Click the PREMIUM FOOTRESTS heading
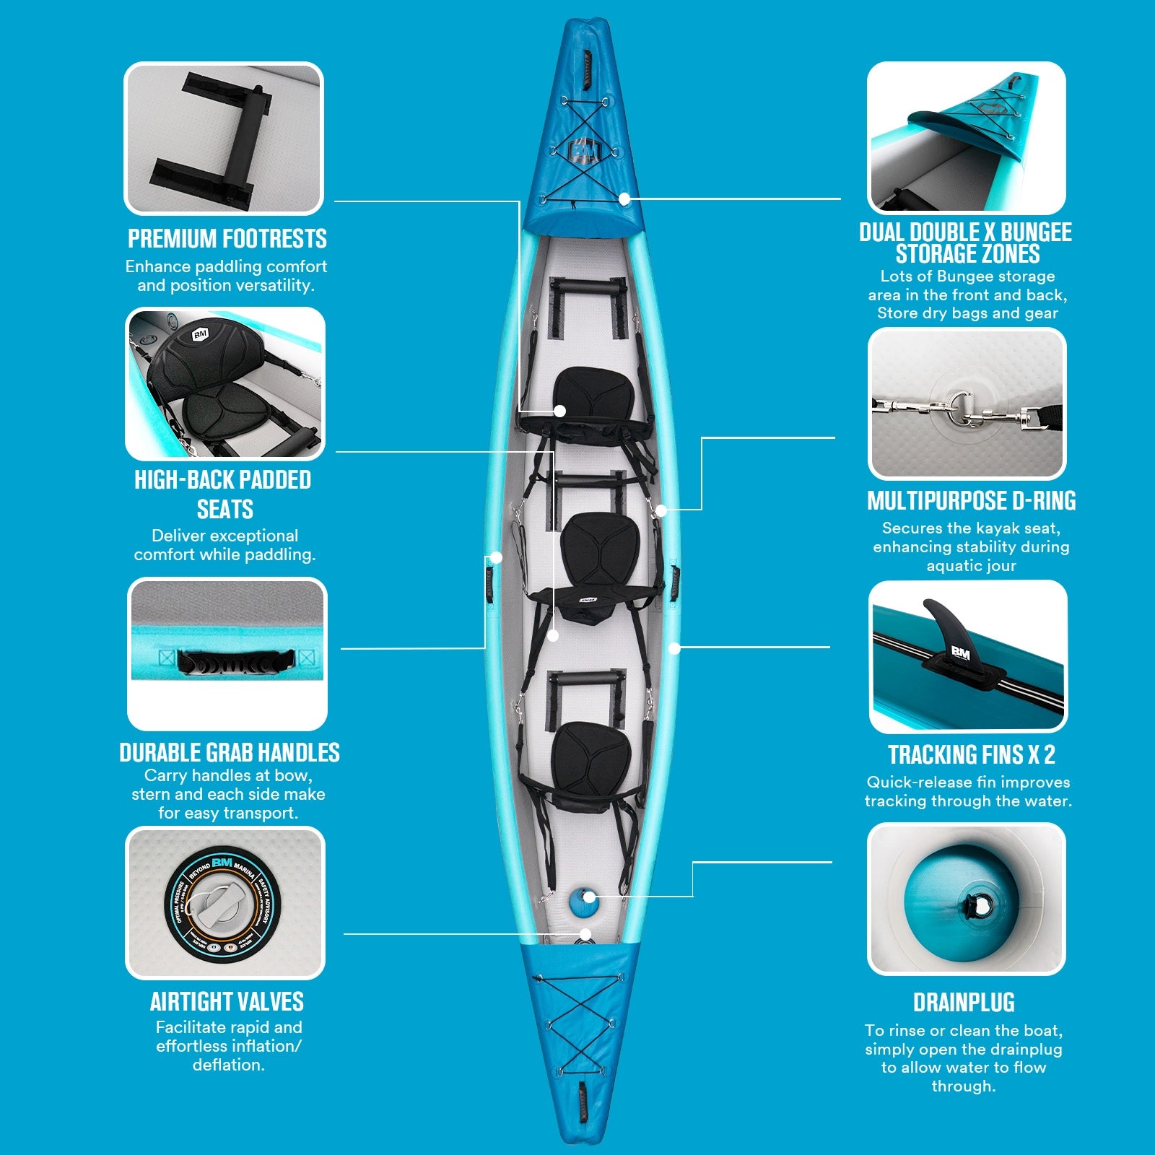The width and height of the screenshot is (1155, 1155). point(227,238)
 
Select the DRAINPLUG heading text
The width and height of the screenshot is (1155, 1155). point(964,1002)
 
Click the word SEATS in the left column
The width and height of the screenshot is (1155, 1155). point(225,509)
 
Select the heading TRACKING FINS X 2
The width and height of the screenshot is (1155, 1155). point(971,754)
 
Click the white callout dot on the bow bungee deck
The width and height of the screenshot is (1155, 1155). point(624,199)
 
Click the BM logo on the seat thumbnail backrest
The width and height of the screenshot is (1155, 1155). point(200,334)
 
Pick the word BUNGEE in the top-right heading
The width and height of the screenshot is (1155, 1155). point(1036,232)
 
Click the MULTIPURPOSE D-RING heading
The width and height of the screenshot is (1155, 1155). point(971,500)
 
